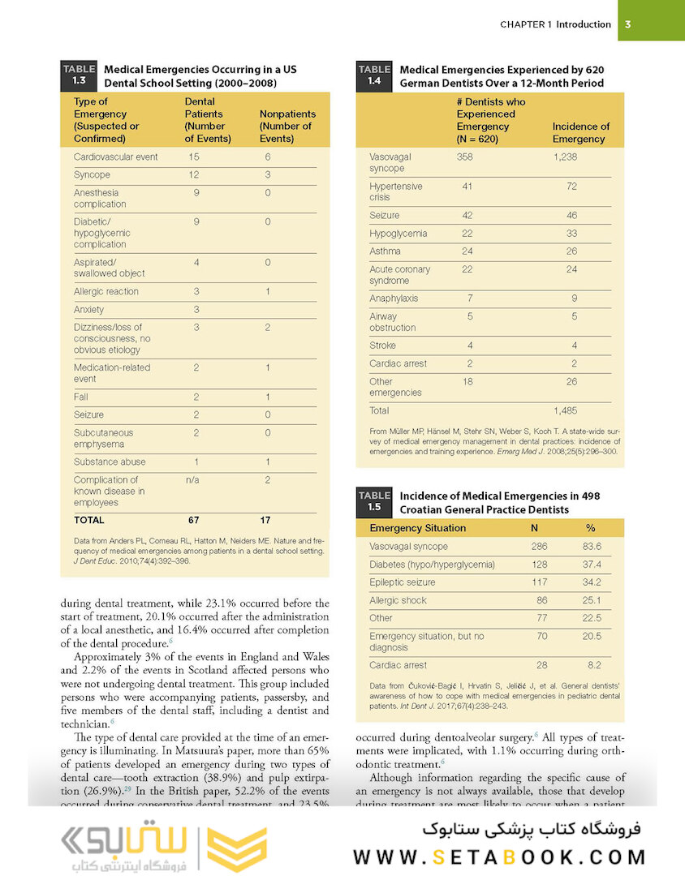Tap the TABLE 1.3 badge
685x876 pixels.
tap(79, 75)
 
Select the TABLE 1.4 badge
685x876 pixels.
tap(374, 75)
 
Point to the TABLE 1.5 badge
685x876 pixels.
tap(374, 501)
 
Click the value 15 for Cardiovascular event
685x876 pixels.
tap(194, 157)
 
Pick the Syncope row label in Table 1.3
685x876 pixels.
tap(92, 174)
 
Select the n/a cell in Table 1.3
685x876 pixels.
tap(193, 479)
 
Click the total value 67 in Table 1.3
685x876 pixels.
tap(193, 520)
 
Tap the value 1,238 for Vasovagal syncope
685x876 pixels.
tap(565, 157)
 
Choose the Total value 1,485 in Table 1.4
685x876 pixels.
tap(565, 410)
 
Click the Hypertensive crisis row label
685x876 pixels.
tap(395, 192)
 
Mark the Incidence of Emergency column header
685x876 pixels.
tap(580, 132)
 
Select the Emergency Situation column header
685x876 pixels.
tap(417, 528)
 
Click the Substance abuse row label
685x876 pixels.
tap(110, 462)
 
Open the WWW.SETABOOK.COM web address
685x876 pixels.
tap(499, 856)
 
